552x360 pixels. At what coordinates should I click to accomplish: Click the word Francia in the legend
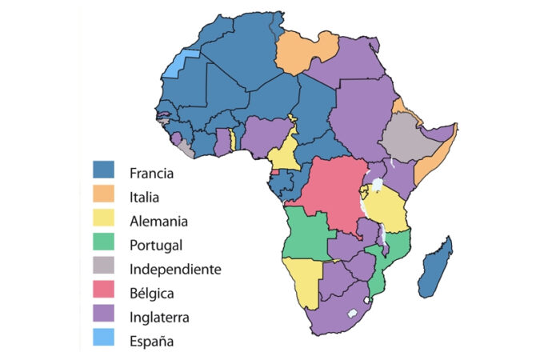(x=150, y=171)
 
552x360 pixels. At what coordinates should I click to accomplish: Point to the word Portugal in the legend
(x=155, y=245)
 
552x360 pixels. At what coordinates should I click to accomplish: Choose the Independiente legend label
(x=174, y=269)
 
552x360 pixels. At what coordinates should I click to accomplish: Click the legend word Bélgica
(x=151, y=294)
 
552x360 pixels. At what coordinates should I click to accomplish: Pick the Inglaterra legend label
(x=159, y=318)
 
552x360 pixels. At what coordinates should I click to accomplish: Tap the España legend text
(x=151, y=342)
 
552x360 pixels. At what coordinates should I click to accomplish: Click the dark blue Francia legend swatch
(x=103, y=170)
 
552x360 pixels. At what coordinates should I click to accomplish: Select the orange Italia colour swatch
(x=103, y=195)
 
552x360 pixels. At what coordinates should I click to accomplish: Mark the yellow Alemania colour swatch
(x=103, y=219)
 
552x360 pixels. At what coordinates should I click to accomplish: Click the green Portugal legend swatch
(x=103, y=244)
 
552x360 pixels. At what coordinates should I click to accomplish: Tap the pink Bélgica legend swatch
(x=103, y=293)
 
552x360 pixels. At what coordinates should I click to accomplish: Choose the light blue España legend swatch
(x=103, y=342)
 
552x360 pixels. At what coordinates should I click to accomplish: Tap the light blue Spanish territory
(x=181, y=64)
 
